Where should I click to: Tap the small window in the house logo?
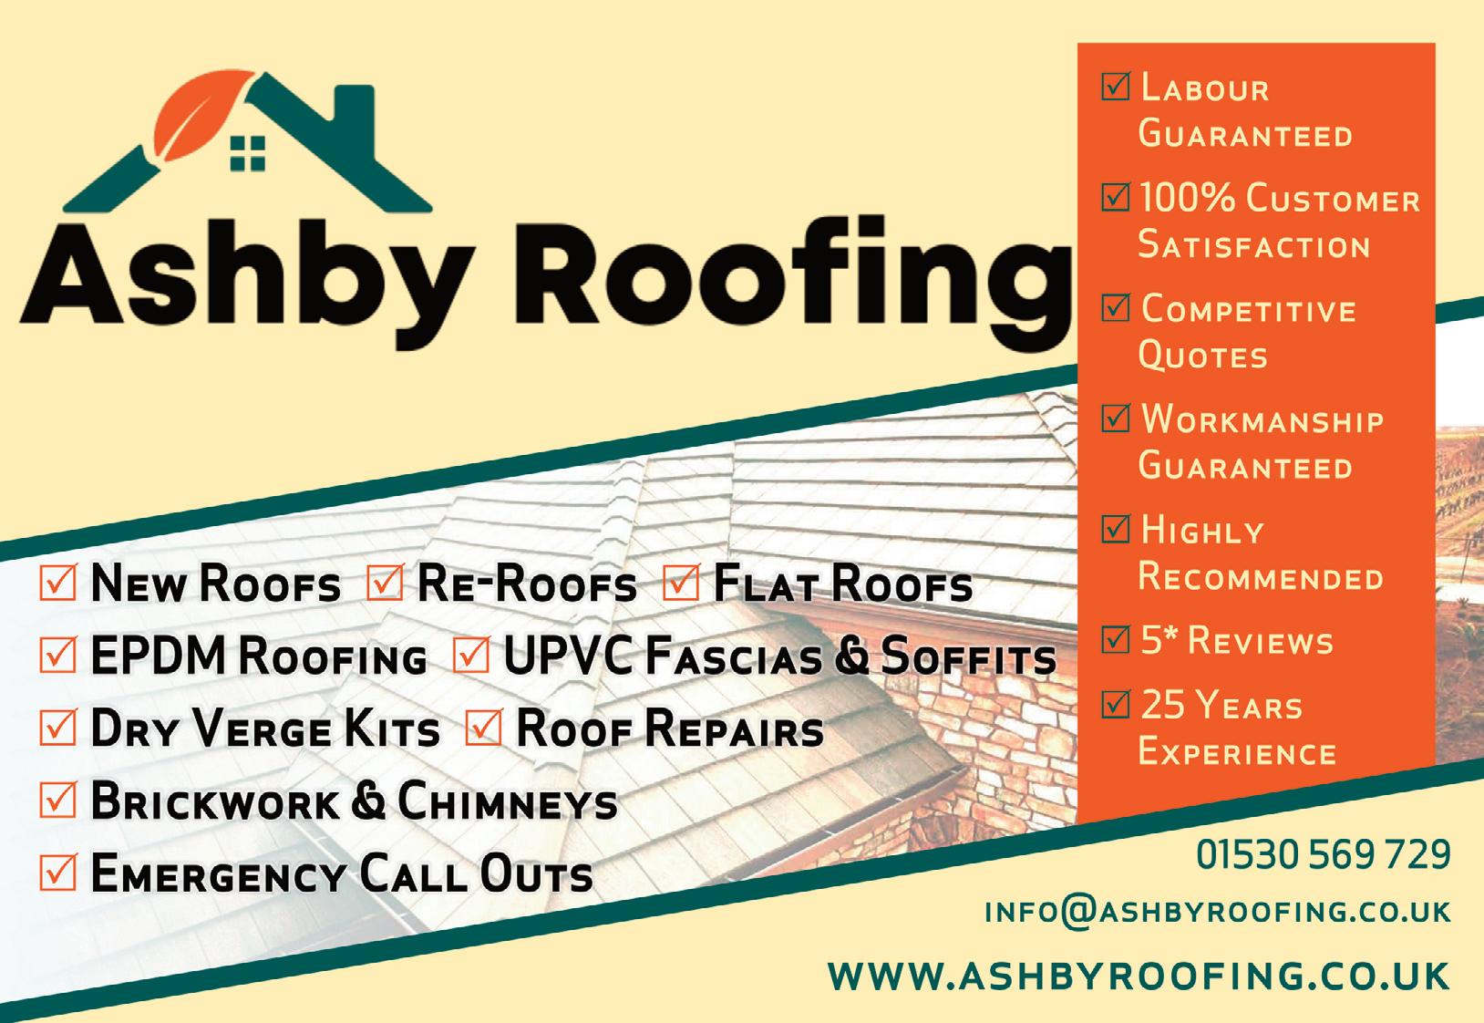coord(247,153)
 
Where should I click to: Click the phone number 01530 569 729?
coord(1323,855)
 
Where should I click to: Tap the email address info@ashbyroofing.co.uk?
coord(1217,912)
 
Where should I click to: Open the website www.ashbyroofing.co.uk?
coord(1139,975)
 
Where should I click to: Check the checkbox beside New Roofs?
coord(58,584)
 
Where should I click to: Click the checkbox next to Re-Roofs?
coord(384,584)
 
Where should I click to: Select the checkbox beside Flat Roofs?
coord(681,584)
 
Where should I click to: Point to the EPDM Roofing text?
coord(258,657)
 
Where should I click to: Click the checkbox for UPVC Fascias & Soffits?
coord(471,656)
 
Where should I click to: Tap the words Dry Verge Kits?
coord(264,730)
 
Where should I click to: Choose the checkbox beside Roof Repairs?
coord(484,729)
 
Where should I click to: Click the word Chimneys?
coord(507,802)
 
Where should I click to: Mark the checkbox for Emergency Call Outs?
coord(58,874)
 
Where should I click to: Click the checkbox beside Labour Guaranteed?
coord(1116,87)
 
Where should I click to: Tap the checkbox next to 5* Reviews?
coord(1116,639)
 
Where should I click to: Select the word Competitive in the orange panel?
coord(1248,310)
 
